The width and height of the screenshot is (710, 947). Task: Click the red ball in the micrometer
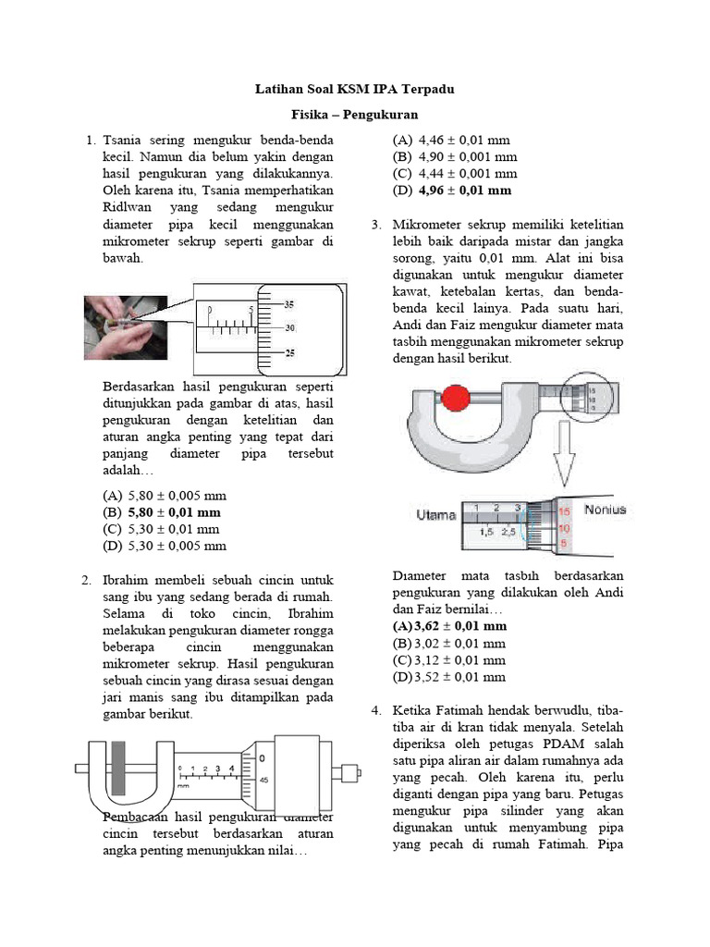(454, 400)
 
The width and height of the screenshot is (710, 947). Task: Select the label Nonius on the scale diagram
(605, 509)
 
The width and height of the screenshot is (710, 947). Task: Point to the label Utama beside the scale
(435, 513)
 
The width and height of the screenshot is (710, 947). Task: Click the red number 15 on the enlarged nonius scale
(565, 510)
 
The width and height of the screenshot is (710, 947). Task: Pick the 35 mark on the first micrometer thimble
(288, 304)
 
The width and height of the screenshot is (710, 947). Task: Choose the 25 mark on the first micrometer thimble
(288, 352)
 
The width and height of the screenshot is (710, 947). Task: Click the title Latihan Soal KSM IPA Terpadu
(355, 91)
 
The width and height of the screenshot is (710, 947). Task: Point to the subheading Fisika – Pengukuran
(355, 115)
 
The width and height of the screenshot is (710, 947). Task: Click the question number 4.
(376, 710)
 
